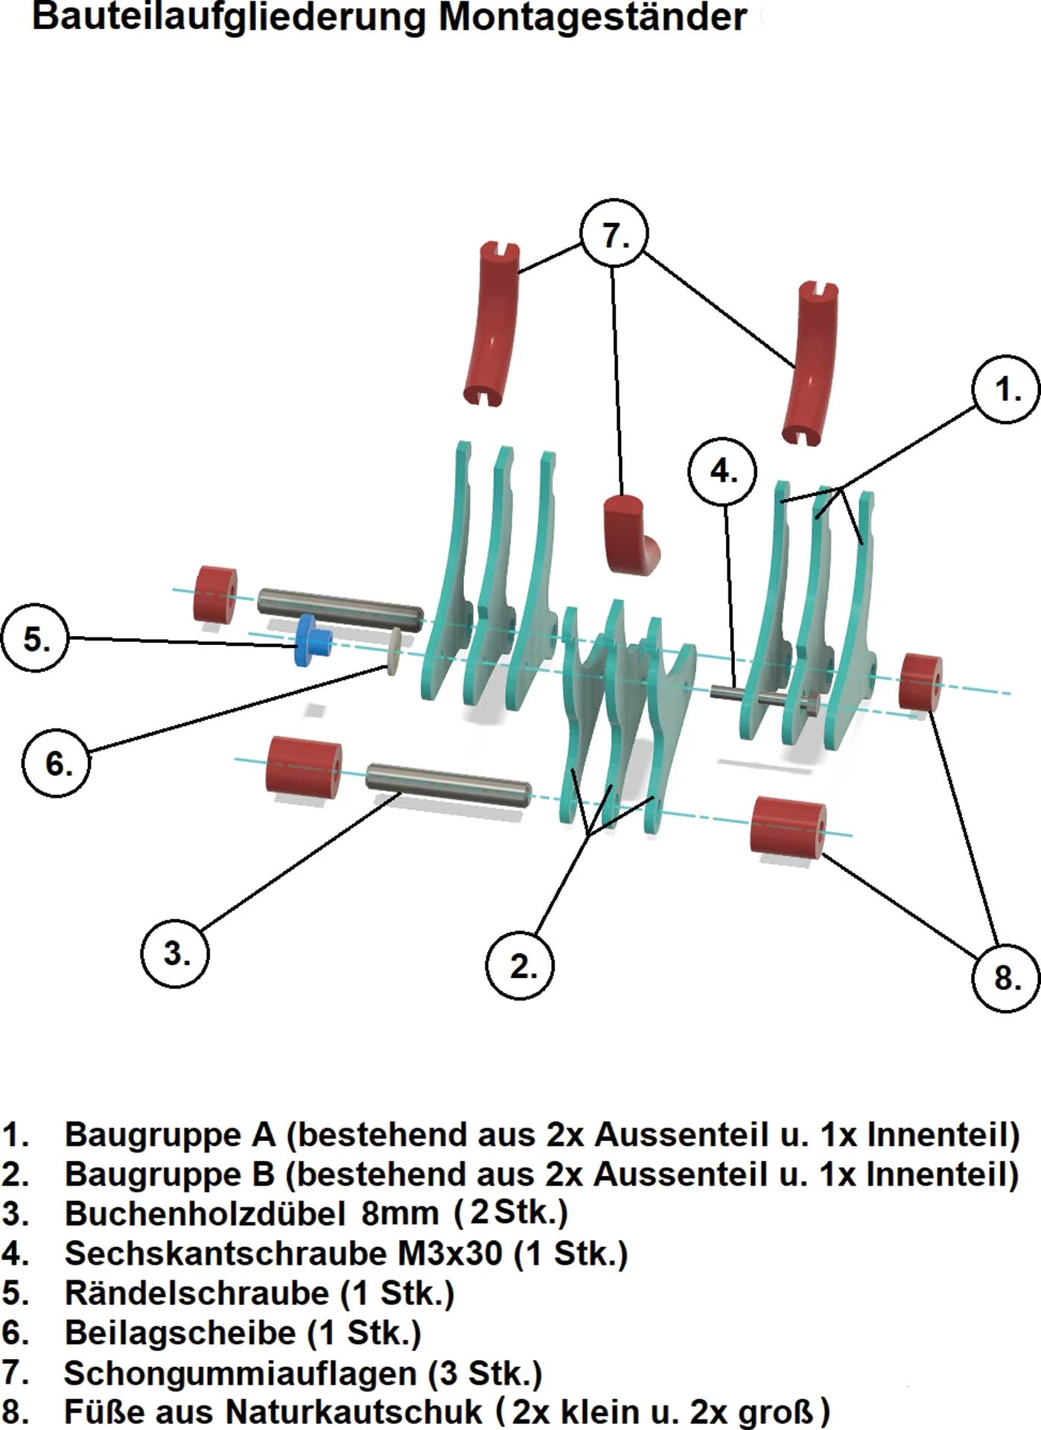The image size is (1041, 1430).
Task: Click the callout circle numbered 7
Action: coord(614,234)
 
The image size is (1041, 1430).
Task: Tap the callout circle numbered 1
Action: coord(1007,389)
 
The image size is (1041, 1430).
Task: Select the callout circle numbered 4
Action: coord(722,471)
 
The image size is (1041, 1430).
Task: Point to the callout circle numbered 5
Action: coord(35,638)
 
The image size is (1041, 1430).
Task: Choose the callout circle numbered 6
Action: coord(57,763)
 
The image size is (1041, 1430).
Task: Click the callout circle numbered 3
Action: coord(175,953)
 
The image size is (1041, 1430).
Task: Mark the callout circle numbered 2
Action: coord(521,965)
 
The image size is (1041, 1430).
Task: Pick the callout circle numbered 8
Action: coord(1006,976)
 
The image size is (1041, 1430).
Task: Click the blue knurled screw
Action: coord(312,640)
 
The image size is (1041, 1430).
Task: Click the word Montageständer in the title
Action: coord(592,18)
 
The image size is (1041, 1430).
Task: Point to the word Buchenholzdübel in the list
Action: coord(205,1214)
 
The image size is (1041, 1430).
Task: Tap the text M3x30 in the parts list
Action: coord(450,1253)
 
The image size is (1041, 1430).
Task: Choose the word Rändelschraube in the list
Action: coord(197,1293)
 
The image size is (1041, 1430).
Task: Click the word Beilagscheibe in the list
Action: coord(180,1332)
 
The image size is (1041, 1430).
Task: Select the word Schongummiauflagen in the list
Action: coord(240,1373)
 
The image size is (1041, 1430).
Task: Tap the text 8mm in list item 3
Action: coord(399,1214)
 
